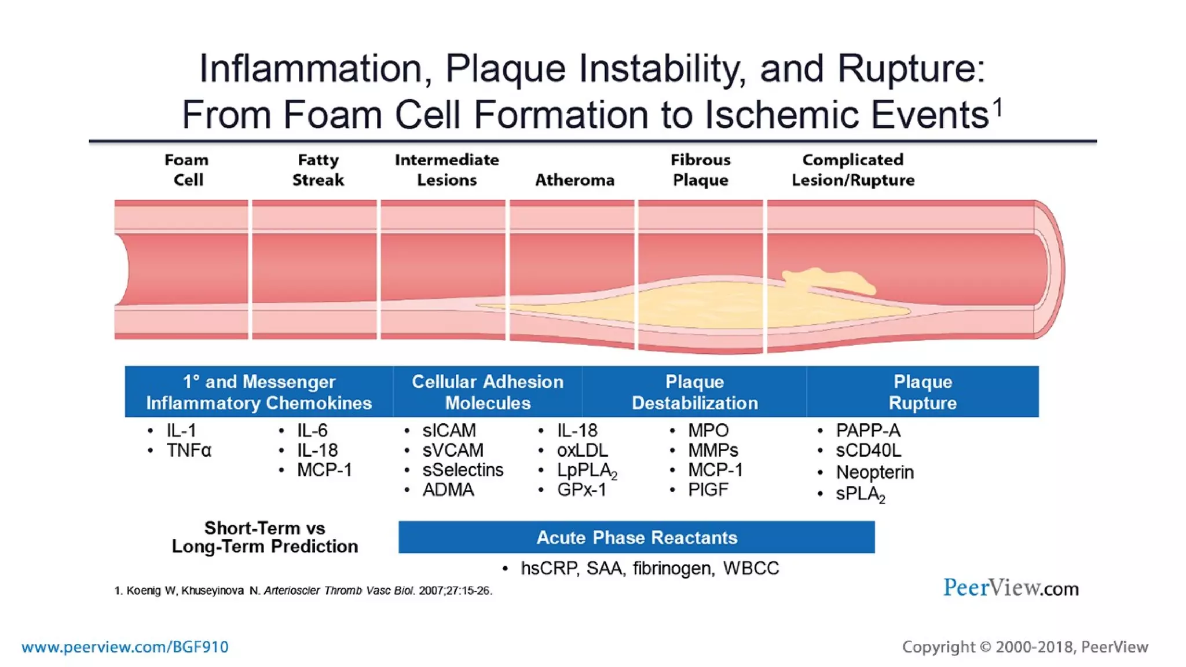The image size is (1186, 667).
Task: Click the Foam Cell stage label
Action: (187, 170)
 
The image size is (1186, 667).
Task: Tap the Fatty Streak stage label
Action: (318, 170)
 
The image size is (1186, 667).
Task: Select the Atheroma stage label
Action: (574, 180)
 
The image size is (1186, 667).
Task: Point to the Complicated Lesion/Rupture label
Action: (853, 170)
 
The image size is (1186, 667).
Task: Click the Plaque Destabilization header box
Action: (694, 392)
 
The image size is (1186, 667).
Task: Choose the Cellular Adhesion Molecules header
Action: (487, 392)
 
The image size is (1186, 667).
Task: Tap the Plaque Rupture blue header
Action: (922, 392)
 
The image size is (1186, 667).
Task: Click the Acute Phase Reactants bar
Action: (636, 537)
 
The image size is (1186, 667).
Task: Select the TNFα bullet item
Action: (189, 450)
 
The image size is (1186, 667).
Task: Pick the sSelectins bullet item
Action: (462, 470)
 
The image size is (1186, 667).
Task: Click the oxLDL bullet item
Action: (582, 450)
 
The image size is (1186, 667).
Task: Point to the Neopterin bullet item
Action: (874, 472)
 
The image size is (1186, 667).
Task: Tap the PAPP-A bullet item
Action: (867, 431)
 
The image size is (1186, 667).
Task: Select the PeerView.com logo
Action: (1011, 588)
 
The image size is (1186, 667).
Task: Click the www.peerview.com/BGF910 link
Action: (125, 647)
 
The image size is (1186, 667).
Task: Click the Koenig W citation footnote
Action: (303, 591)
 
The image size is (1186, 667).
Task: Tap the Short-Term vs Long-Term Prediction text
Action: (265, 537)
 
